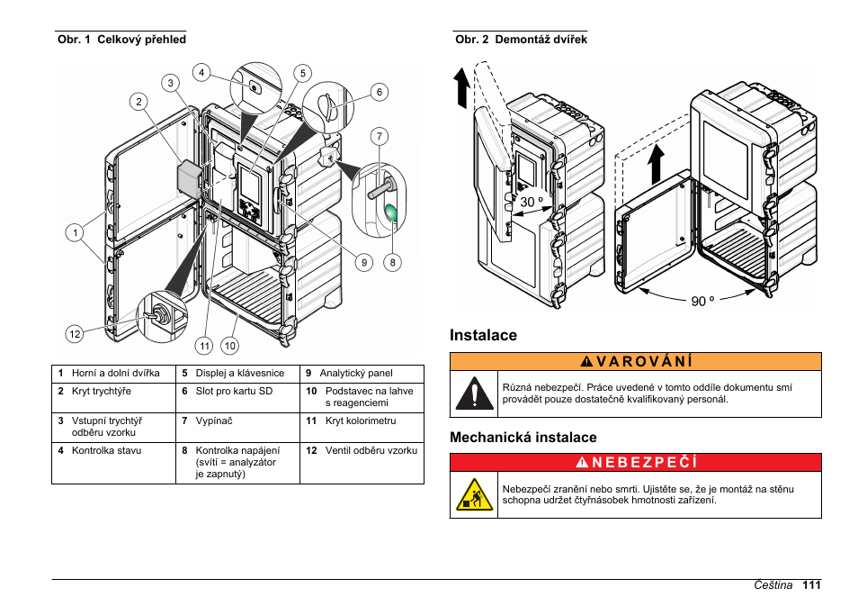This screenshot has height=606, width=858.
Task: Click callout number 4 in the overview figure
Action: coord(201,72)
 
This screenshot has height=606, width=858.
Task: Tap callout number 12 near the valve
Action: coord(75,334)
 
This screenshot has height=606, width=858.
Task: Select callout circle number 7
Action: coord(380,136)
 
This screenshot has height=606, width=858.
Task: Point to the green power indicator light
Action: coord(393,213)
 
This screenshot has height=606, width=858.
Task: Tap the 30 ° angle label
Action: coord(532,202)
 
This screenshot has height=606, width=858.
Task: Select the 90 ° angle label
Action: coord(702,301)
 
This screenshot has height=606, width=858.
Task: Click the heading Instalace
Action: coord(483,335)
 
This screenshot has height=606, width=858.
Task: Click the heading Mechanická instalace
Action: coord(523,438)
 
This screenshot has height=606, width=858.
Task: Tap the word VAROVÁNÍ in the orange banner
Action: coord(645,362)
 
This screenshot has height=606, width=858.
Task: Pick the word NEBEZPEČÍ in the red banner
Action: coord(645,463)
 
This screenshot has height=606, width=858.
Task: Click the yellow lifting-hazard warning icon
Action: coord(474,494)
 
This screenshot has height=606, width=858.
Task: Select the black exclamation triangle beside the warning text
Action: coord(474,393)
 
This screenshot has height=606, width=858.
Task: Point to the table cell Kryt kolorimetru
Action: coord(361,421)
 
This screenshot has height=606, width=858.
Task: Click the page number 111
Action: coord(811,585)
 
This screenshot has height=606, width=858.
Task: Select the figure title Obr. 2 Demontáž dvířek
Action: coord(521,40)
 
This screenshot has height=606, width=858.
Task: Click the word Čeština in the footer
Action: coord(773,585)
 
